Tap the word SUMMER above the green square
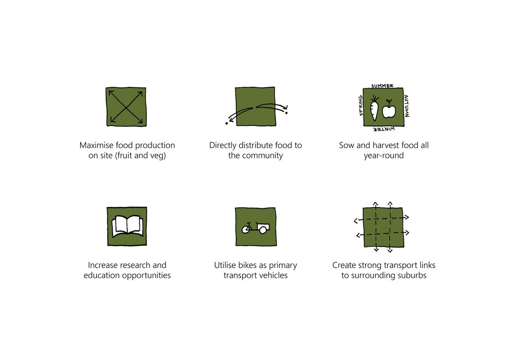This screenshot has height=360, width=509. (382, 86)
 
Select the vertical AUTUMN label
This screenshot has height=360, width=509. (406, 106)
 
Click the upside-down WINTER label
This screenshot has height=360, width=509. (383, 129)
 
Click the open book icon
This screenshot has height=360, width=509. (127, 226)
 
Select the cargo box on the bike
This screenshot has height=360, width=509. (263, 227)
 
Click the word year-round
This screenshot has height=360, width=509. (383, 156)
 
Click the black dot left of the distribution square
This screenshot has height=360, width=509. (226, 123)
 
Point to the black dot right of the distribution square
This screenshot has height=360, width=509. (286, 113)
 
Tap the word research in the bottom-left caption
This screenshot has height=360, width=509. (134, 265)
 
